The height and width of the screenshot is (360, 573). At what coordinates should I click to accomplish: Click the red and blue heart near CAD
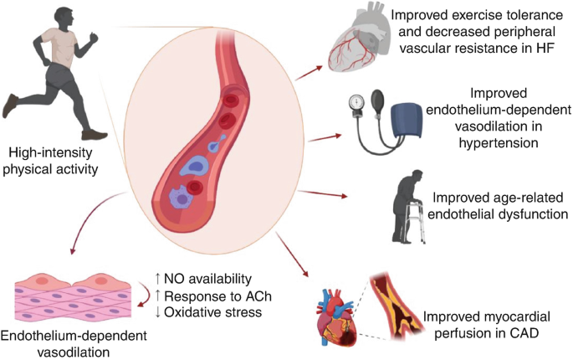pyautogui.click(x=338, y=313)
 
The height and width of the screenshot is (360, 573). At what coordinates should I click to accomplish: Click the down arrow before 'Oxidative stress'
pyautogui.click(x=159, y=314)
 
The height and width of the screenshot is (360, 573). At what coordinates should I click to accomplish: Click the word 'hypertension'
pyautogui.click(x=498, y=143)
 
